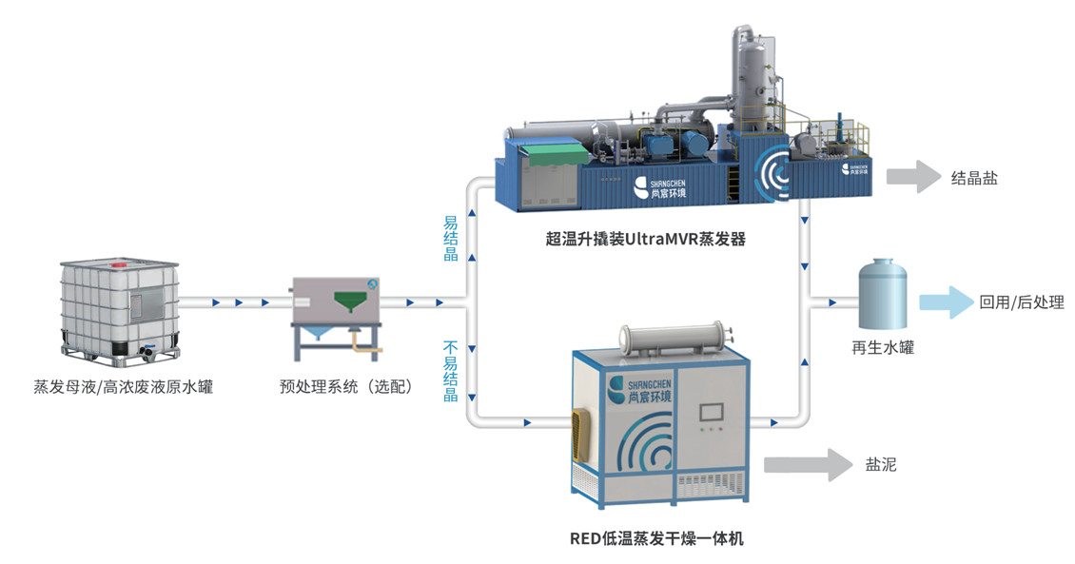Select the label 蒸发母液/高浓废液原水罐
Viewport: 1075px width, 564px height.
tap(124, 387)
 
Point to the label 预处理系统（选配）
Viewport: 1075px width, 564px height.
tap(345, 387)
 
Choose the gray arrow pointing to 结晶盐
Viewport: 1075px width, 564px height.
tap(912, 177)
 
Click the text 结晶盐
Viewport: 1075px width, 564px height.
tap(974, 178)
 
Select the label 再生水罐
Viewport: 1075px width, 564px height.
tap(882, 348)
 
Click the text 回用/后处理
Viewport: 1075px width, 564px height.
tap(1021, 303)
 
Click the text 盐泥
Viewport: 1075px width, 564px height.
tap(880, 465)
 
